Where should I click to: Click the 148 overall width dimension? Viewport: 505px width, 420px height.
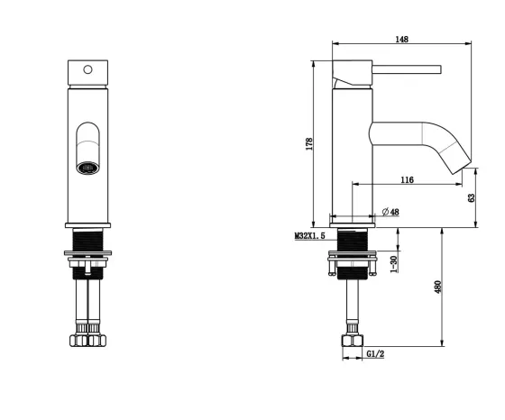tap(401, 40)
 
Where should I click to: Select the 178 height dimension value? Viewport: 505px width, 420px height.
tap(309, 144)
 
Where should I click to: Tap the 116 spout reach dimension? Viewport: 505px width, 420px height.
tap(407, 179)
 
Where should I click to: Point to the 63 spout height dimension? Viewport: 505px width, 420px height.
tap(471, 197)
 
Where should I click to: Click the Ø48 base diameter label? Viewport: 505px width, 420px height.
tap(390, 212)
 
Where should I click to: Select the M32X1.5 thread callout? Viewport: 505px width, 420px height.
tap(310, 236)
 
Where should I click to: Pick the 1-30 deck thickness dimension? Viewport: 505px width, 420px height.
tap(393, 264)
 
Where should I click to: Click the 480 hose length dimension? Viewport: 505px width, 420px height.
tap(437, 288)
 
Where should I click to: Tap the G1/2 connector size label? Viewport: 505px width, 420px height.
tap(375, 354)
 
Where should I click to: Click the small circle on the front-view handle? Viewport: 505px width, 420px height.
tap(87, 69)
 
